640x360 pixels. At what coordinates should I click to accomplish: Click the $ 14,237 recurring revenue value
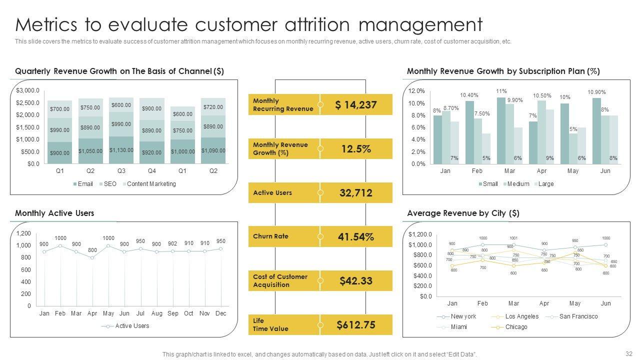click(355, 105)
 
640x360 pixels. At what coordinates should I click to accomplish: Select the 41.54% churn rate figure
click(355, 237)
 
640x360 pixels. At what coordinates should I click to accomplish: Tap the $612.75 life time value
click(355, 325)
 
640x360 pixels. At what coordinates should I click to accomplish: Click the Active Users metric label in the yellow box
click(272, 193)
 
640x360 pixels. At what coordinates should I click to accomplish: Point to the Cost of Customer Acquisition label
click(280, 281)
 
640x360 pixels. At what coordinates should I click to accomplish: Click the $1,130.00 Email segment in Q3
click(121, 150)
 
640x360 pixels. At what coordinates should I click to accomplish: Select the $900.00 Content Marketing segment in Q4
click(151, 108)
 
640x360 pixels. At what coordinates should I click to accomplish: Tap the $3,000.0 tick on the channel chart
click(27, 90)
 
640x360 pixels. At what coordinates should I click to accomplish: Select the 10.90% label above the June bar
click(596, 92)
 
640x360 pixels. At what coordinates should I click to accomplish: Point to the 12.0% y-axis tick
click(416, 91)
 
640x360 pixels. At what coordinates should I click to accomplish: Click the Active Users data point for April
click(92, 257)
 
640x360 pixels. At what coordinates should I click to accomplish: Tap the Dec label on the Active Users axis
click(220, 313)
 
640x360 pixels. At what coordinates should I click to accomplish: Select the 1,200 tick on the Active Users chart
click(23, 233)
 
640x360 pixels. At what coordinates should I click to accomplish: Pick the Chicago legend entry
click(516, 327)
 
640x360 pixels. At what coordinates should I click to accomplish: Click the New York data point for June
click(605, 244)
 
